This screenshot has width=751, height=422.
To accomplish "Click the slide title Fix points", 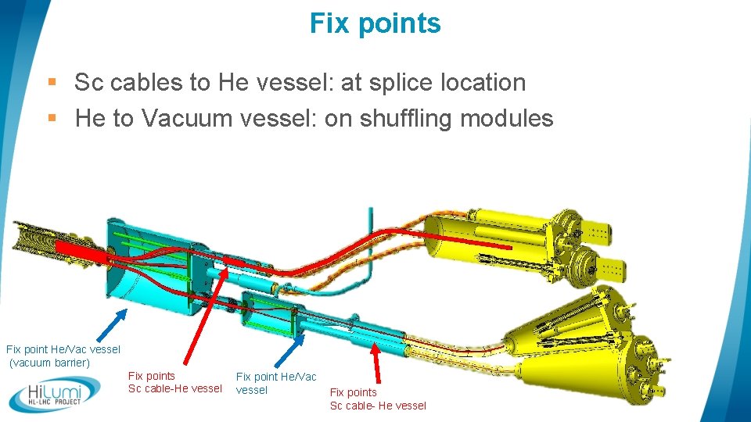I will click(375, 23).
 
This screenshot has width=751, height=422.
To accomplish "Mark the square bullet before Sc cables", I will click(52, 81).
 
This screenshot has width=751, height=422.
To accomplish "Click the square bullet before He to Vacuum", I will click(52, 118).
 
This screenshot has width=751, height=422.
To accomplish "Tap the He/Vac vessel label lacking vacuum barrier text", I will click(276, 383).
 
